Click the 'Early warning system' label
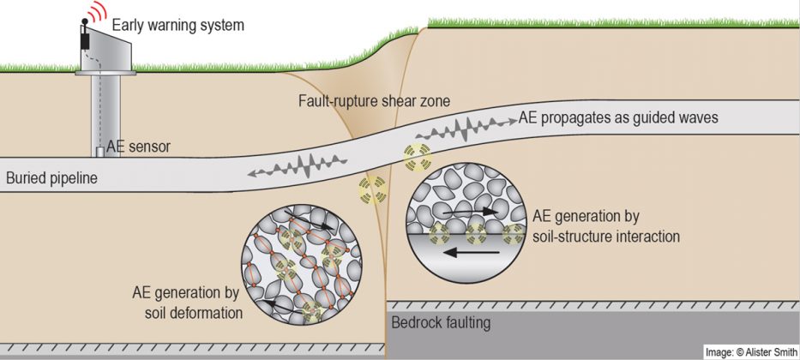pyautogui.click(x=178, y=25)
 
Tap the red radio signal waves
pyautogui.click(x=96, y=11)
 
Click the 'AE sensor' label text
pyautogui.click(x=138, y=147)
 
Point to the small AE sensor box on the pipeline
pyautogui.click(x=100, y=152)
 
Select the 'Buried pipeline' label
pyautogui.click(x=51, y=178)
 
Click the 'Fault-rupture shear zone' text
pyautogui.click(x=375, y=101)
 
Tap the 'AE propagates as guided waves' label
pyautogui.click(x=618, y=117)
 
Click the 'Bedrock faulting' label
pyautogui.click(x=441, y=323)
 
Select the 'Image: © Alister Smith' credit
pyautogui.click(x=751, y=351)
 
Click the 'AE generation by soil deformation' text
pyautogui.click(x=187, y=303)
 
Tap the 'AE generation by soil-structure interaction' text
pyautogui.click(x=606, y=226)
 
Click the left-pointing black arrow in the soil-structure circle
pyautogui.click(x=472, y=252)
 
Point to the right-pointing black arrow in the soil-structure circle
pyautogui.click(x=470, y=211)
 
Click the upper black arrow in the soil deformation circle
pyautogui.click(x=310, y=219)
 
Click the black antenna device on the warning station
pyautogui.click(x=85, y=36)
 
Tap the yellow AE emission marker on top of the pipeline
pyautogui.click(x=418, y=157)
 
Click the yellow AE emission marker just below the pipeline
pyautogui.click(x=372, y=189)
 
